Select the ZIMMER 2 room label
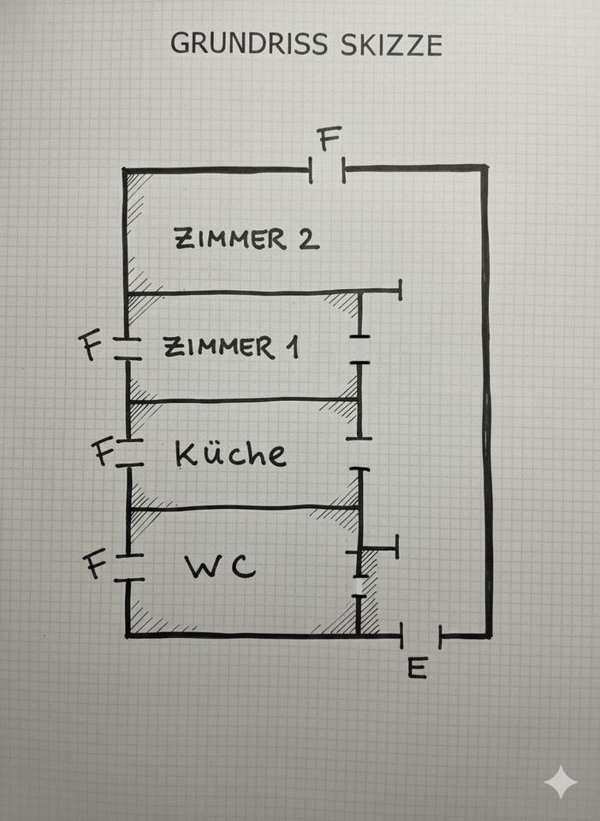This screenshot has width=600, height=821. click(x=247, y=239)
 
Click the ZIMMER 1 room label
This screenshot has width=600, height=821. click(x=231, y=347)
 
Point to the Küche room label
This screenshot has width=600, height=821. click(x=230, y=452)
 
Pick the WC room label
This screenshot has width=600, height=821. click(x=220, y=567)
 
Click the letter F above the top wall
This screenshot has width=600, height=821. click(x=328, y=139)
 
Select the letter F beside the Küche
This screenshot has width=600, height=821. click(x=104, y=452)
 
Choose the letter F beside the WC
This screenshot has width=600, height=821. click(x=95, y=565)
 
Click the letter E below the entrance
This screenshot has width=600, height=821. click(x=417, y=667)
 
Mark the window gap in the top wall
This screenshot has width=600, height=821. click(x=327, y=170)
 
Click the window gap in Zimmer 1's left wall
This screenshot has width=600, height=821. click(x=128, y=348)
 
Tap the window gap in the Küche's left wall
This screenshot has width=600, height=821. click(x=128, y=453)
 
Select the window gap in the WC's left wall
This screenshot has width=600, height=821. click(x=128, y=566)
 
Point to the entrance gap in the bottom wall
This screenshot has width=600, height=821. click(x=421, y=636)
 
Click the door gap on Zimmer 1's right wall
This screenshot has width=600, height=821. click(x=359, y=349)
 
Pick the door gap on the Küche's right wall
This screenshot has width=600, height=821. click(x=359, y=454)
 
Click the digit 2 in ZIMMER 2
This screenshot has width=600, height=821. click(x=308, y=239)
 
